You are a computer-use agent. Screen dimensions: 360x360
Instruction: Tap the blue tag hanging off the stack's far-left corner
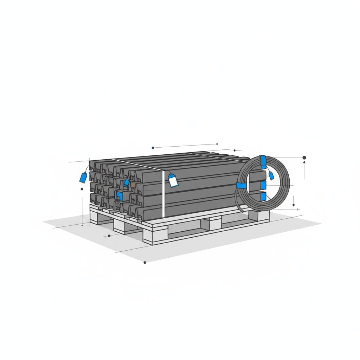point(83,178)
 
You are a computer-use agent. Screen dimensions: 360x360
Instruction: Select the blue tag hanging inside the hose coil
point(271,175)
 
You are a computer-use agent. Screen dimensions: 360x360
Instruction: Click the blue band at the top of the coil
point(263,161)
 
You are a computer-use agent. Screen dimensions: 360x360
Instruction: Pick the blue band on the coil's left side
point(242,186)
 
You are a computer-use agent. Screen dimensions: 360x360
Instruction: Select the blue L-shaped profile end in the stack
point(120,196)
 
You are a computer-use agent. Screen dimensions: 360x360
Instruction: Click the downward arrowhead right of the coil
point(294,205)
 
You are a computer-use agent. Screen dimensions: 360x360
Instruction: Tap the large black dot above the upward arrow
point(304,158)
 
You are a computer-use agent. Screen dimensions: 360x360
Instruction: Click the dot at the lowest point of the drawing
point(145,262)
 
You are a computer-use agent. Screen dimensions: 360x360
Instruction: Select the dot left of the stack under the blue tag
point(82,189)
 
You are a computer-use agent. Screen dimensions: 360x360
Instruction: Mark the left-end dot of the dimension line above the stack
point(153,148)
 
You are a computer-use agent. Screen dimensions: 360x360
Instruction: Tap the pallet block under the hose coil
point(261,215)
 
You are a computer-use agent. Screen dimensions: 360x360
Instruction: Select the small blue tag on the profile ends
point(126,182)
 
